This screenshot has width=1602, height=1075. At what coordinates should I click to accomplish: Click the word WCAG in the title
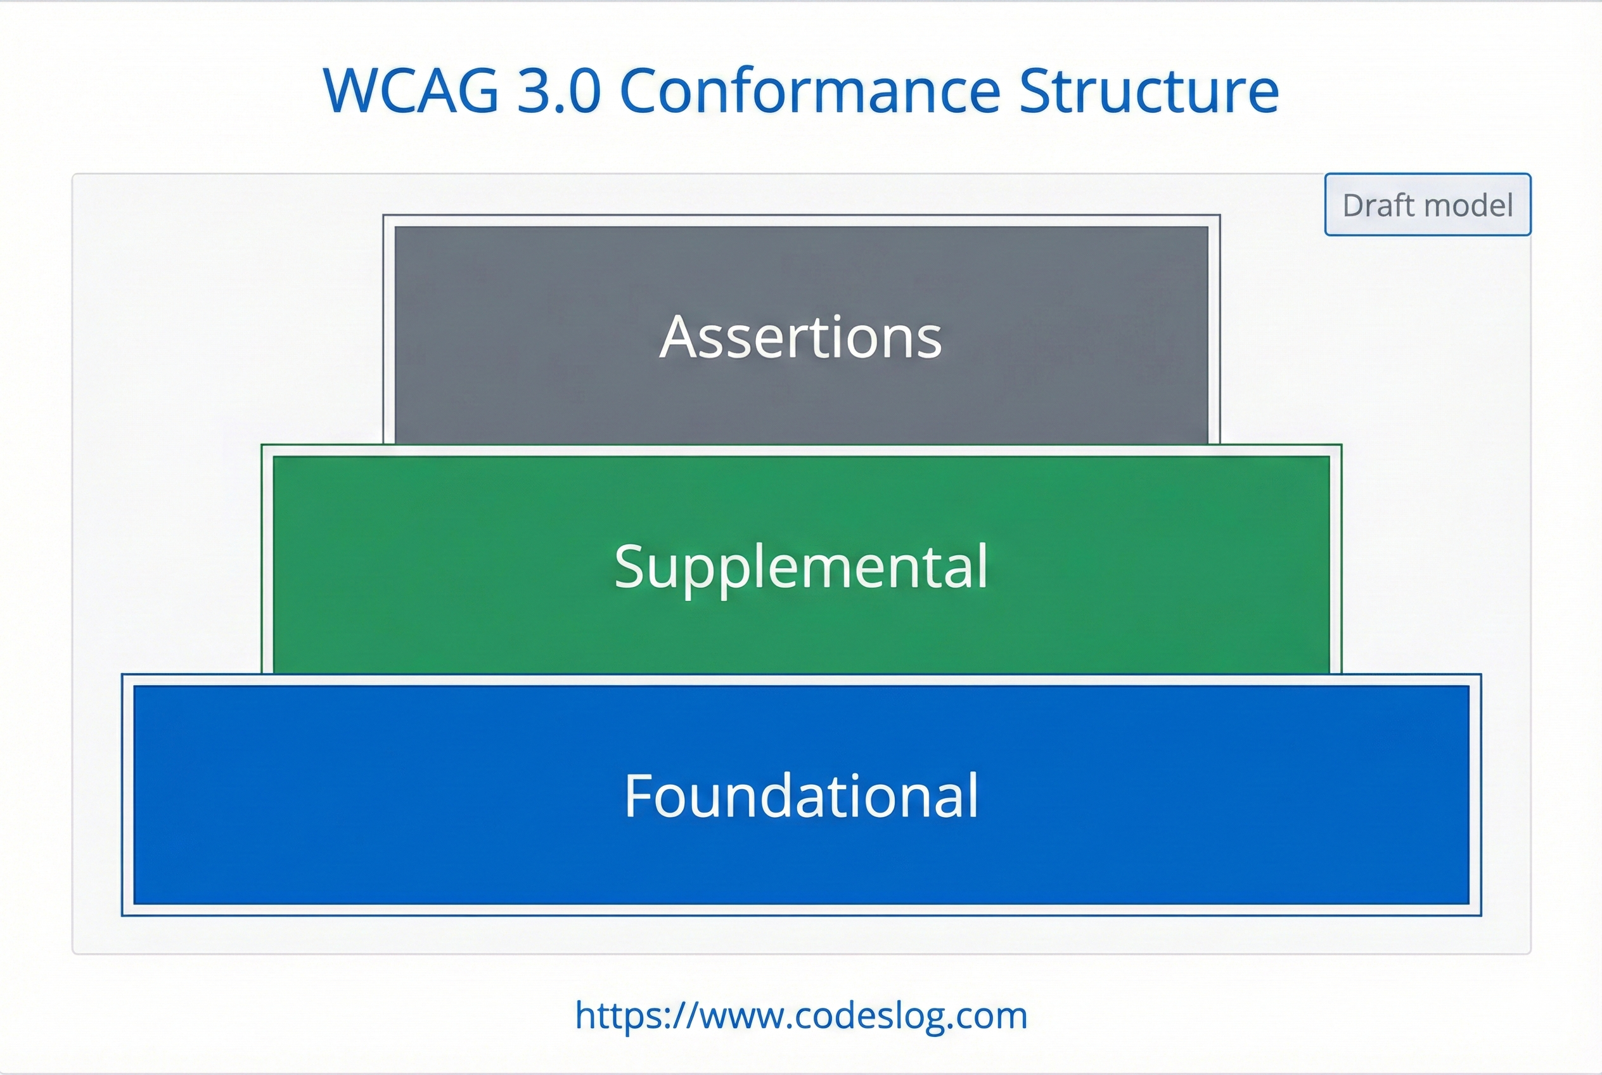(x=410, y=91)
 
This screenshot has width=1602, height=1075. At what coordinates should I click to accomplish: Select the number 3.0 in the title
(x=559, y=91)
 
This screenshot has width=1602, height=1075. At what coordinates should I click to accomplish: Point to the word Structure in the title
(x=1149, y=91)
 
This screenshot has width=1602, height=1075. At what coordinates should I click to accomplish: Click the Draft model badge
(x=1427, y=205)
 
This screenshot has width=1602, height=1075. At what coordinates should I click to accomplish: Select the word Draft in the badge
(x=1377, y=205)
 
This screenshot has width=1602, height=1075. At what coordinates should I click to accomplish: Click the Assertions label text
(x=800, y=337)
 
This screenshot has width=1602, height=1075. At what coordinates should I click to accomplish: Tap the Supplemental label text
(x=800, y=566)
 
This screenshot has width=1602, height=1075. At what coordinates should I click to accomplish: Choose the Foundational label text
(x=800, y=795)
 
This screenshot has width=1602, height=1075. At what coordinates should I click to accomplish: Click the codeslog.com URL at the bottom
(x=800, y=1015)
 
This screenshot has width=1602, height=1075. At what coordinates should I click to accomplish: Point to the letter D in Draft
(x=1354, y=205)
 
